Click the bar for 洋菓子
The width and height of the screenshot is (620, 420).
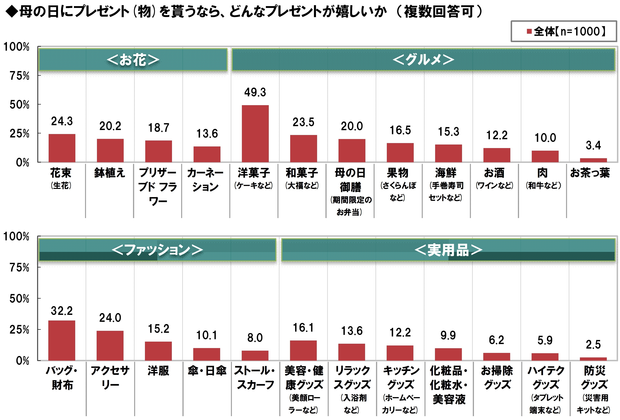tap(255, 134)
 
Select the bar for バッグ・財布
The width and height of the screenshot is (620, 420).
tap(62, 340)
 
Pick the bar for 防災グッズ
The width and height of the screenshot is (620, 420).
tap(593, 359)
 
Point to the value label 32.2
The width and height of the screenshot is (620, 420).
tap(62, 311)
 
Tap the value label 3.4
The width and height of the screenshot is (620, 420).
tap(593, 145)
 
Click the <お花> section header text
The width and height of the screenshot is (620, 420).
tap(133, 60)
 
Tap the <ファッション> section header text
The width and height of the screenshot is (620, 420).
tap(157, 250)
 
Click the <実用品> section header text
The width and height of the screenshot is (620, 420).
tap(448, 250)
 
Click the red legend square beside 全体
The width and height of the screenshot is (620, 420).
tap(529, 31)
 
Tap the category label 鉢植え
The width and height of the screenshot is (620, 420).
tap(110, 173)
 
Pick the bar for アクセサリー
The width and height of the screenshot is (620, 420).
tap(110, 345)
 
